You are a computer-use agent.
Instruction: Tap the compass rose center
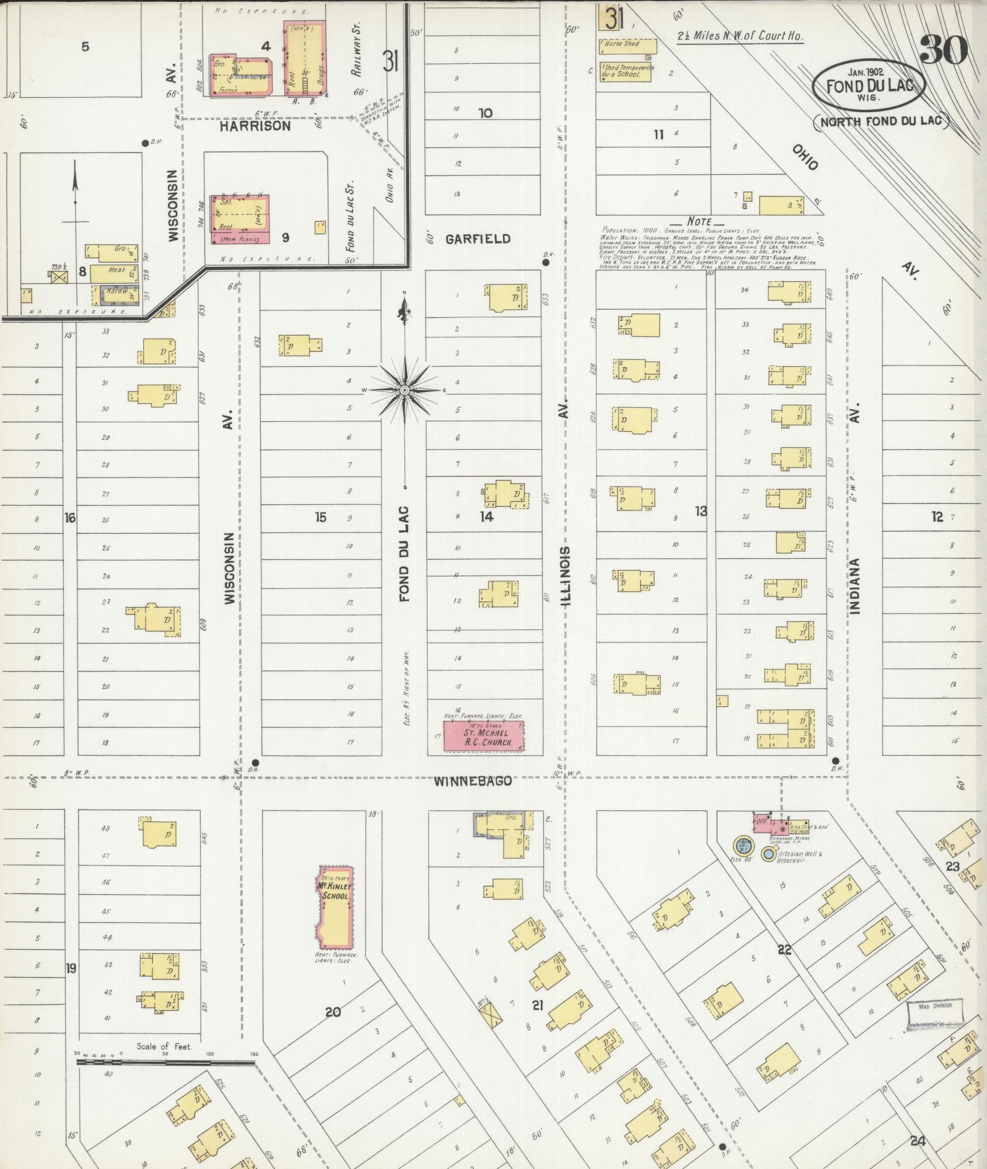pos(404,390)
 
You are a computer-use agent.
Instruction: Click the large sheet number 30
pos(944,50)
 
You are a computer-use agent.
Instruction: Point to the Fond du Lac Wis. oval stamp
pos(869,86)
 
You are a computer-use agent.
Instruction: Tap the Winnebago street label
pos(473,781)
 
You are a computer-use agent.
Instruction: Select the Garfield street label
pos(478,239)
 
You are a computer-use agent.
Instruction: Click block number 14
pos(486,516)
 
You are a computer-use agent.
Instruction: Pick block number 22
pos(784,949)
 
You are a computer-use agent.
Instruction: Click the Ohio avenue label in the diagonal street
pos(804,158)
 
